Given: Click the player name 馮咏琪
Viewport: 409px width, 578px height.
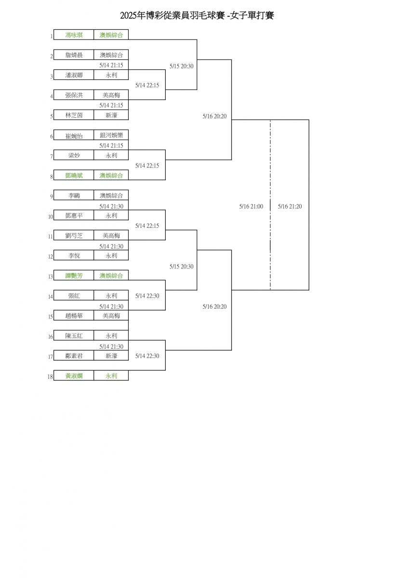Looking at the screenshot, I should (74, 35).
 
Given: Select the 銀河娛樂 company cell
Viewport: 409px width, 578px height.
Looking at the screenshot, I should (111, 135).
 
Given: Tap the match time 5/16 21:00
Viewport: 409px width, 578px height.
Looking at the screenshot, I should (251, 206).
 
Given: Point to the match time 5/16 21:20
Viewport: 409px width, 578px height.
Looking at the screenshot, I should (290, 206).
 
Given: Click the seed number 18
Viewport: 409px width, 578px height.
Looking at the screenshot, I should (50, 377).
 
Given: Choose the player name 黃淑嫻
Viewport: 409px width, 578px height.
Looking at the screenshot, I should (74, 376).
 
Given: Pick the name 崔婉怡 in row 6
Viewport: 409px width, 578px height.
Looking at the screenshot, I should (74, 135).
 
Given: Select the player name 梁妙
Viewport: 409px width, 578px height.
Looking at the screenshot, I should (74, 156).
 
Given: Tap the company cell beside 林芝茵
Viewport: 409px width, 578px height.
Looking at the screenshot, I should (111, 115).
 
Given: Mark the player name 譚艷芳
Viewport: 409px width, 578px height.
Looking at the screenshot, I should (74, 276).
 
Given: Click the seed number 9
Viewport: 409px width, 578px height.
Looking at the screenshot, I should (51, 197).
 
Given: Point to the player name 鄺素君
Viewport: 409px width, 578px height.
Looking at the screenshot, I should (74, 356).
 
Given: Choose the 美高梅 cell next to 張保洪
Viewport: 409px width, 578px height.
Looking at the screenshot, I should (111, 95).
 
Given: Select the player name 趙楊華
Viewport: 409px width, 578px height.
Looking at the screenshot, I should (74, 315).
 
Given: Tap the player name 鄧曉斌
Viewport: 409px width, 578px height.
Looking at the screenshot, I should (74, 176).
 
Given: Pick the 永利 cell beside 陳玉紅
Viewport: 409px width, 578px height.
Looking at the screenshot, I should (111, 336).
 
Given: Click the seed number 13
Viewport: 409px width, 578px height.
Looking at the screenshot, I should (50, 277).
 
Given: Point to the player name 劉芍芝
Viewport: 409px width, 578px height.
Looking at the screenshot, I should (74, 236).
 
